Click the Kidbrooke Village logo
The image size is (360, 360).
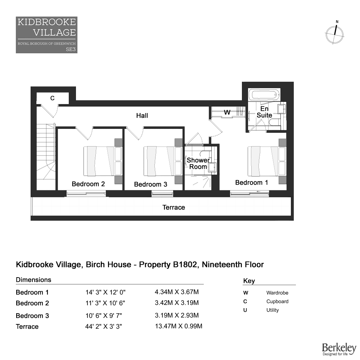click(x=46, y=35)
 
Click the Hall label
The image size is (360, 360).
click(x=142, y=116)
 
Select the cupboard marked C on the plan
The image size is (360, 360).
click(x=53, y=98)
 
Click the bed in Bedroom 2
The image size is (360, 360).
click(x=103, y=161)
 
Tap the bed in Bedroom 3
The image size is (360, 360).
click(x=163, y=161)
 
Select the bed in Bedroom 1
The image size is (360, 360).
click(x=267, y=161)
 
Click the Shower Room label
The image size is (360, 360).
click(x=198, y=163)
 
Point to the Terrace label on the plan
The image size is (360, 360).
click(x=174, y=207)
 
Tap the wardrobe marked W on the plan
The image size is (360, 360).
click(x=228, y=112)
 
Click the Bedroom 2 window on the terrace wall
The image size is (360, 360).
click(x=86, y=194)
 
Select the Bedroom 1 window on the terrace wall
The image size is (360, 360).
click(x=249, y=194)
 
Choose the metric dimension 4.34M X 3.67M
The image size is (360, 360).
click(x=176, y=292)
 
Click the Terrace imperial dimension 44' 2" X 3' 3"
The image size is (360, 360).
click(x=104, y=326)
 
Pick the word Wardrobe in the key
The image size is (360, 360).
click(x=277, y=293)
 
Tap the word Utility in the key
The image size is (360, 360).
click(x=273, y=310)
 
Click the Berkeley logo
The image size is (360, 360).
click(x=339, y=349)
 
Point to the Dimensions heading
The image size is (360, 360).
click(x=33, y=280)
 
